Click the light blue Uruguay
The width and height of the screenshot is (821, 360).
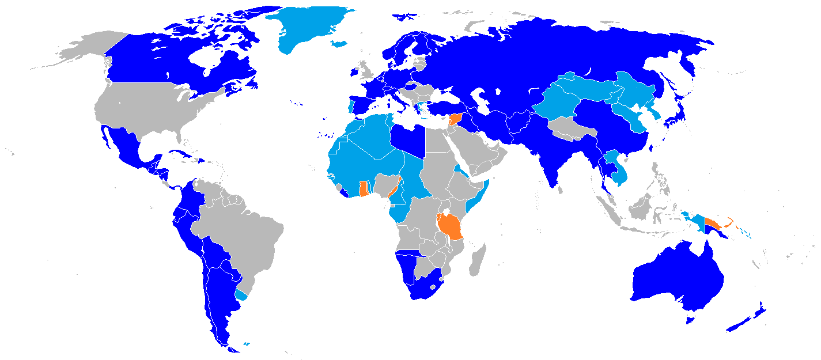click(241, 294)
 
